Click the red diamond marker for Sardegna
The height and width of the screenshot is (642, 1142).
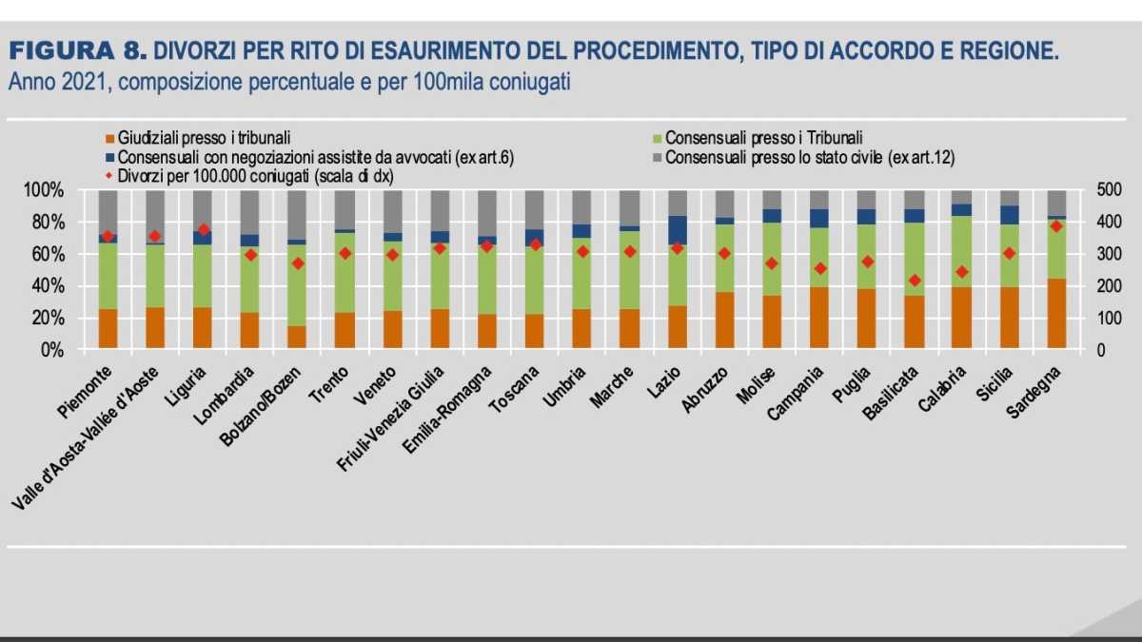click(x=1055, y=225)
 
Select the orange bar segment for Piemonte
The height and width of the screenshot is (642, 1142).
click(x=108, y=329)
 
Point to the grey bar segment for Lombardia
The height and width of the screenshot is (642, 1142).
click(x=249, y=212)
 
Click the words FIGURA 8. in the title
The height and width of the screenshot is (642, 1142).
click(x=76, y=49)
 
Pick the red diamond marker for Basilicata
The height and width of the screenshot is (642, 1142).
click(x=915, y=281)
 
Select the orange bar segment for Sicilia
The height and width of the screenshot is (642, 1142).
click(x=1009, y=319)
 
